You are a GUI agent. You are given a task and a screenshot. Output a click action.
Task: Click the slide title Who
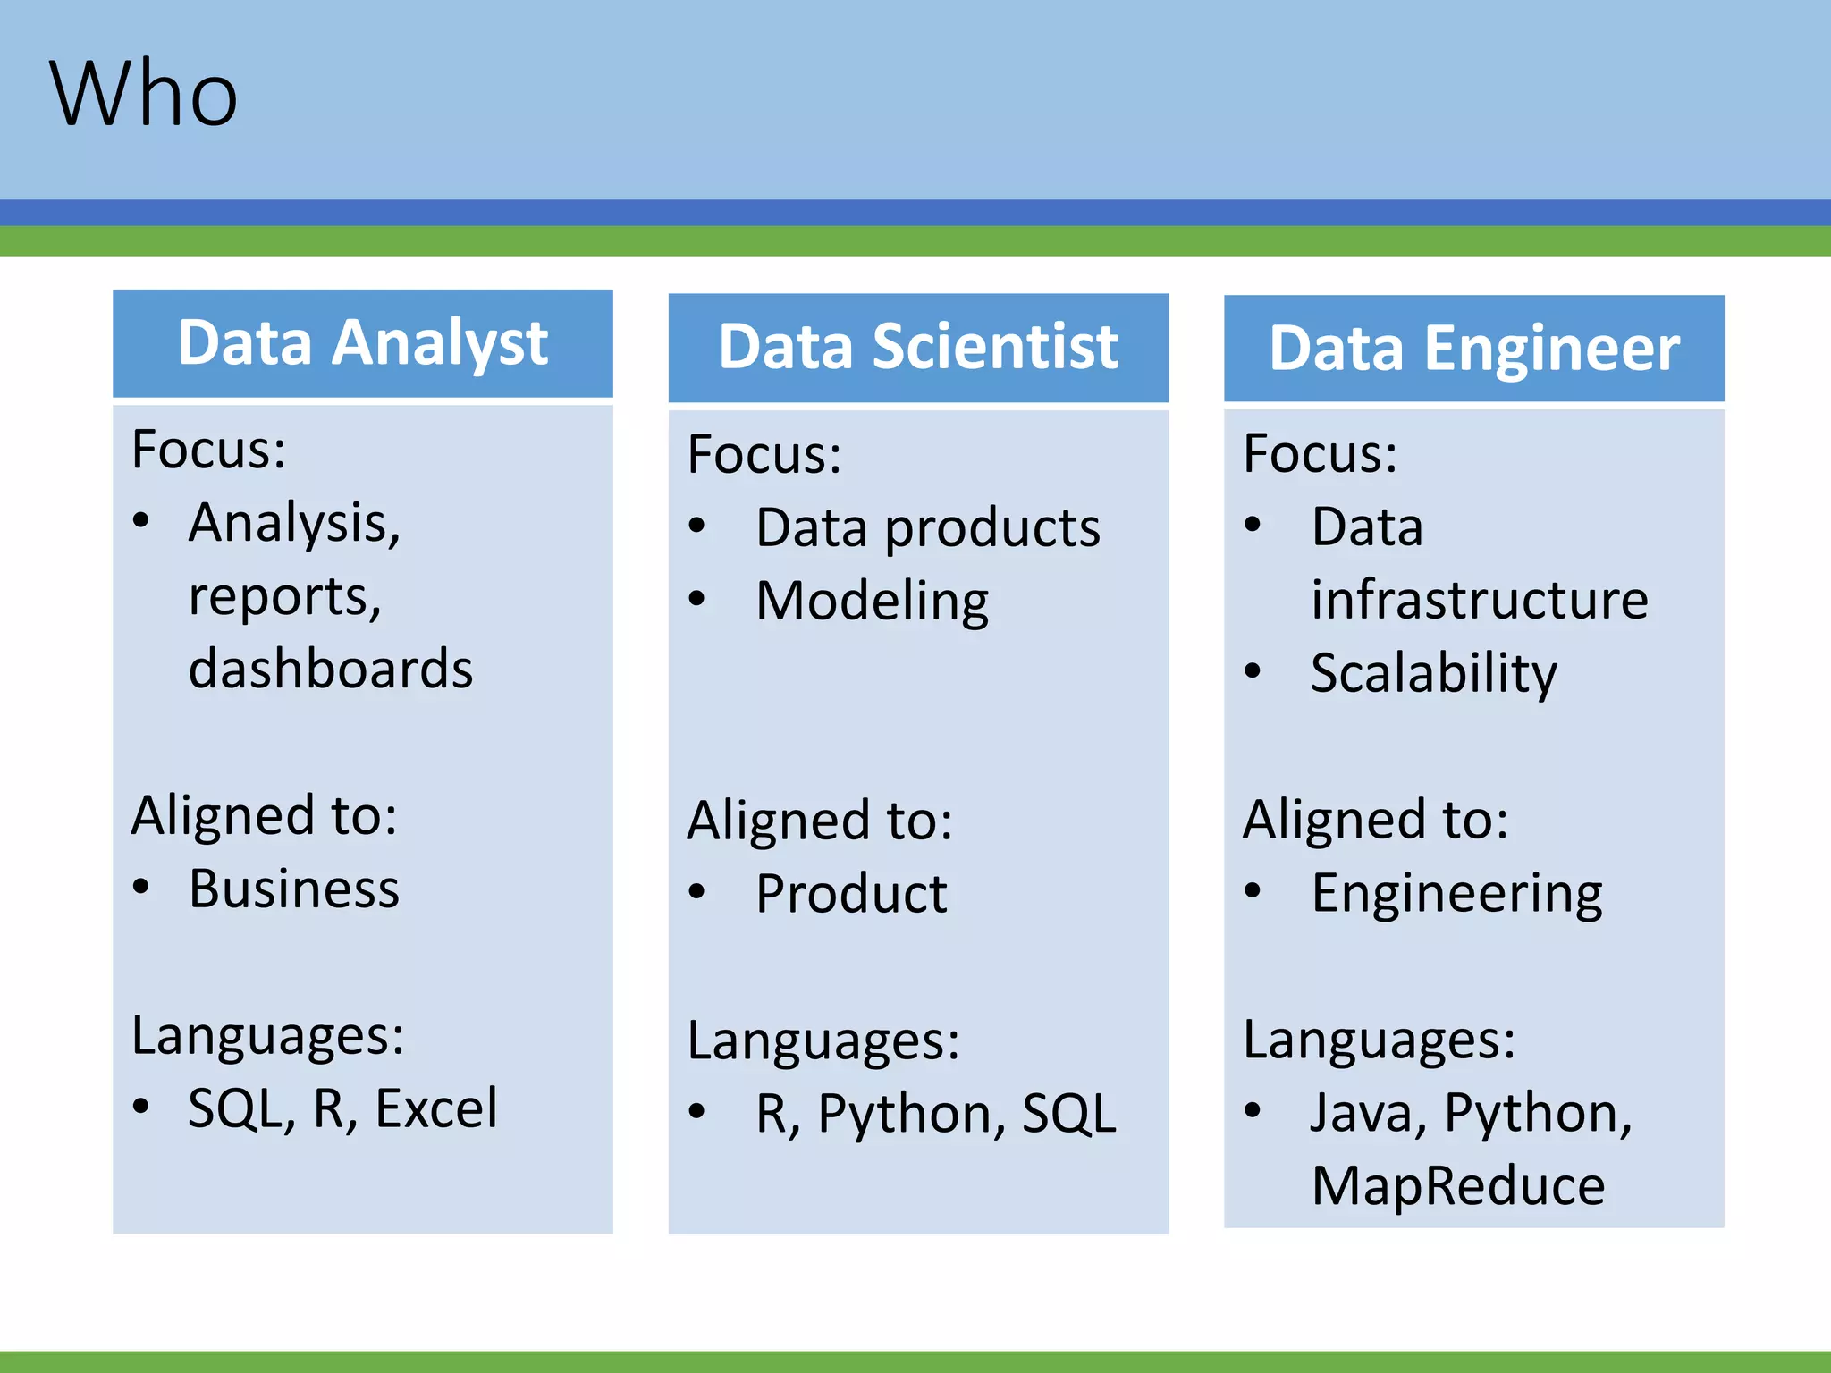tap(143, 95)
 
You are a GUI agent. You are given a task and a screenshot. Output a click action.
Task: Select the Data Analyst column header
tap(362, 343)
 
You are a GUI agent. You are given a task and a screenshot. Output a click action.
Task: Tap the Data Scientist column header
tap(918, 348)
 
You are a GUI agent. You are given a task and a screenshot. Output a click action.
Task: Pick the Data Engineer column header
tap(1473, 349)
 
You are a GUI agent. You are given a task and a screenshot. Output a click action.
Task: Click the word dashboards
tap(331, 670)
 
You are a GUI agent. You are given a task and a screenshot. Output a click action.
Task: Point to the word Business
tap(294, 889)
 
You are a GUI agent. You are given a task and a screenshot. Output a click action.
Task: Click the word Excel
tap(436, 1109)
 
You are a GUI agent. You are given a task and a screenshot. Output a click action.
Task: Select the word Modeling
tap(872, 601)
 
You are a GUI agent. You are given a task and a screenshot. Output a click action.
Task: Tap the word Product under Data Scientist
tap(851, 894)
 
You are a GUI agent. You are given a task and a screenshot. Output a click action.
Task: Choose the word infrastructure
tap(1480, 600)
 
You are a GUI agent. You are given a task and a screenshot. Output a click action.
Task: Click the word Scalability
tap(1433, 673)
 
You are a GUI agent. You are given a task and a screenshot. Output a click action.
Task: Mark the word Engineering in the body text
tap(1456, 893)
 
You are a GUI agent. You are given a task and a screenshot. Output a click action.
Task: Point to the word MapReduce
tap(1458, 1186)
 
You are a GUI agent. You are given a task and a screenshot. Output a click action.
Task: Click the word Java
tap(1361, 1113)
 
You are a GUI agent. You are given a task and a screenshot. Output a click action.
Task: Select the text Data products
tap(927, 527)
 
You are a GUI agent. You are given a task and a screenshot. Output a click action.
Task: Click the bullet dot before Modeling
tap(697, 599)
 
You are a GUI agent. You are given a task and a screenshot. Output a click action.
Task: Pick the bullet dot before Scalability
tap(1253, 670)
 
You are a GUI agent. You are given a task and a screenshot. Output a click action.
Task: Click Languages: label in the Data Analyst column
tap(267, 1036)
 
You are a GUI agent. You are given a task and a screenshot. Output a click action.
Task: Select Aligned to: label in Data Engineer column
tap(1375, 820)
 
